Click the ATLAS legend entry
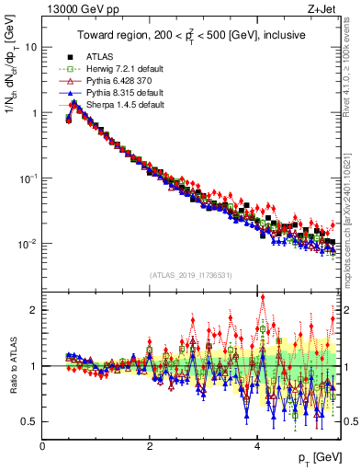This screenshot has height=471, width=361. (99, 55)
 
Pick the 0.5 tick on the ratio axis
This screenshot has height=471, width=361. (29, 421)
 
